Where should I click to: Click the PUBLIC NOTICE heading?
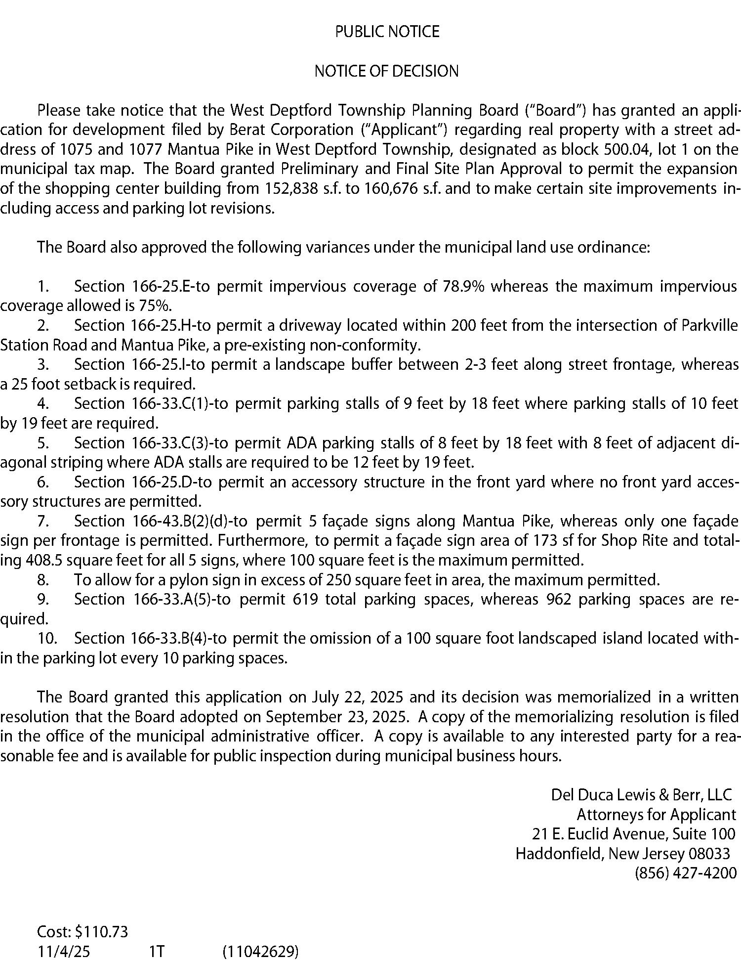[387, 32]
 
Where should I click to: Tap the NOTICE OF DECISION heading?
[386, 71]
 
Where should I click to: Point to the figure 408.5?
[44, 560]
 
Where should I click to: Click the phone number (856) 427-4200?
[685, 873]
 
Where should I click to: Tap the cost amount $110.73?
[101, 932]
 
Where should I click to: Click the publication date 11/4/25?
[64, 952]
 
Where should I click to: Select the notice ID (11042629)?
[260, 952]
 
